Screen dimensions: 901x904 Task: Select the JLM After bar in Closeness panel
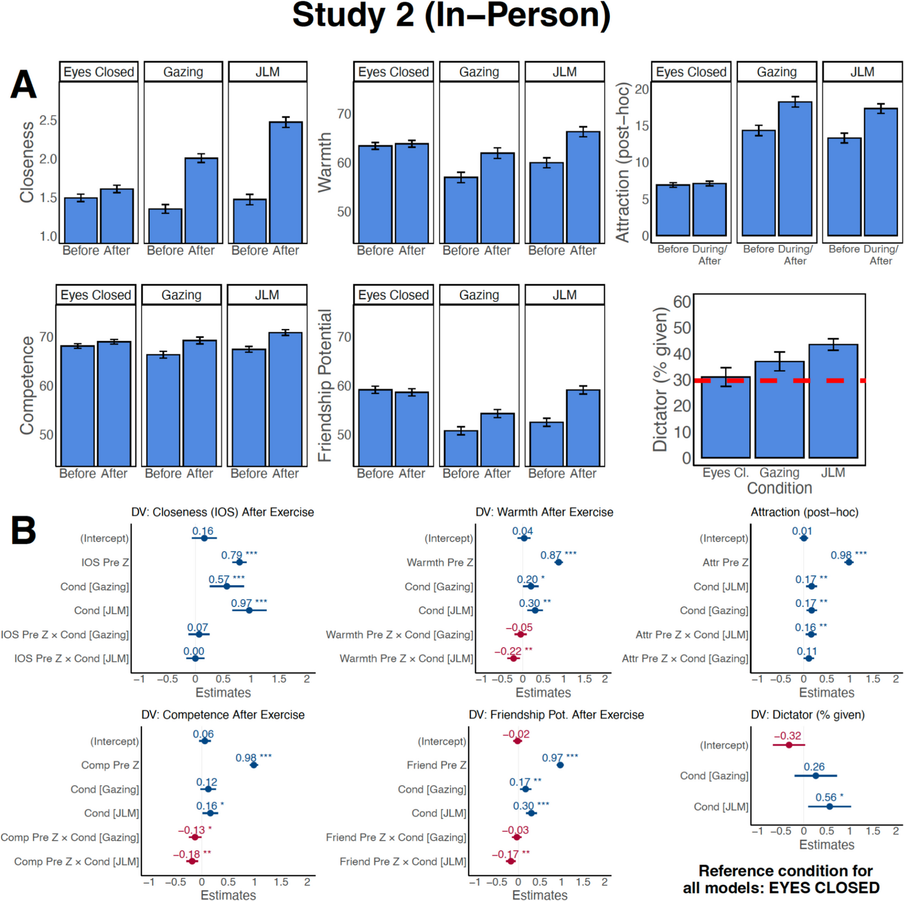pos(285,182)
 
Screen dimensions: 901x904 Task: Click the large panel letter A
pos(24,84)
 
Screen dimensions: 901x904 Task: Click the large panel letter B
pos(24,530)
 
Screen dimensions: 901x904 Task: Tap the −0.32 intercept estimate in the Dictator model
pos(788,735)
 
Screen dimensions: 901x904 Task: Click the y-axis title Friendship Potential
pos(325,386)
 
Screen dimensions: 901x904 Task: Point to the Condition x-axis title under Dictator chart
pos(779,488)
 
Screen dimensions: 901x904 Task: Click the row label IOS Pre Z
pos(105,563)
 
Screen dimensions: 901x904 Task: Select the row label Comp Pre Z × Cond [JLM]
pos(76,861)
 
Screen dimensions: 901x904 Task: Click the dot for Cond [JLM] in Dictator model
pos(830,806)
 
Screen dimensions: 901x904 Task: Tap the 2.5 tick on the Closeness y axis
pos(48,120)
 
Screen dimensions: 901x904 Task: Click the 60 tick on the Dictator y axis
pos(682,302)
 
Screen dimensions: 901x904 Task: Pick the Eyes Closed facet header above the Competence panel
pos(96,295)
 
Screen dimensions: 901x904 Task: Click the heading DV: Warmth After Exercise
pos(544,512)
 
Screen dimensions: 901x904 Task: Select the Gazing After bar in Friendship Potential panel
pos(498,439)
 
